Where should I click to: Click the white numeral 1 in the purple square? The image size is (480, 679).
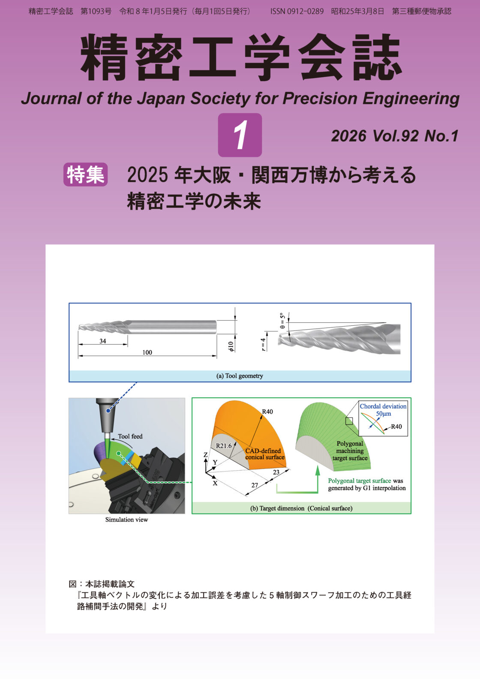(x=240, y=135)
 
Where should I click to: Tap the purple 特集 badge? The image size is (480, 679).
(x=85, y=174)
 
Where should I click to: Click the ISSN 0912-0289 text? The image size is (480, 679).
(x=297, y=12)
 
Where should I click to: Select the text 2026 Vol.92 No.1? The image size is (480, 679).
(x=395, y=136)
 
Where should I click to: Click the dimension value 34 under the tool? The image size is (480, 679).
(x=103, y=341)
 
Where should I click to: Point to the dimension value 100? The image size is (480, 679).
(x=147, y=352)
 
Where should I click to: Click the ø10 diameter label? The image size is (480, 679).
(x=231, y=346)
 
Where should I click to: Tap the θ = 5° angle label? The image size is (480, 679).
(x=282, y=321)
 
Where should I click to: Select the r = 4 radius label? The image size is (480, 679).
(x=263, y=345)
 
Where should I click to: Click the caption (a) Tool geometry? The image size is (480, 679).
(x=240, y=376)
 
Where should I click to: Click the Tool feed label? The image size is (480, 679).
(x=130, y=436)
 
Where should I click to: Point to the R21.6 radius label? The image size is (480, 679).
(x=224, y=446)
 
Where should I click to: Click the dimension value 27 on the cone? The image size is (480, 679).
(x=255, y=485)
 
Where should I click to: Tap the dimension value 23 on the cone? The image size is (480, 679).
(x=276, y=472)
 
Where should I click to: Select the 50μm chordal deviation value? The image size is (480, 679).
(x=383, y=414)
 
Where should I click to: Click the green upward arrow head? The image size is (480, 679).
(x=318, y=470)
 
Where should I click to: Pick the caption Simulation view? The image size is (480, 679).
(x=127, y=520)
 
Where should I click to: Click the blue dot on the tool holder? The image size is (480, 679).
(x=108, y=411)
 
